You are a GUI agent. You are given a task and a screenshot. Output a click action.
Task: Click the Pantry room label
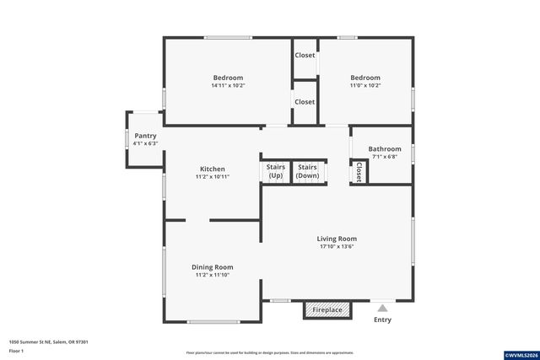[x=145, y=135]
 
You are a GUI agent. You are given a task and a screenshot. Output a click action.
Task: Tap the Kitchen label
[x=212, y=169]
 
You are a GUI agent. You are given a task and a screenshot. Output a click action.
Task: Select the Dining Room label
[x=213, y=266]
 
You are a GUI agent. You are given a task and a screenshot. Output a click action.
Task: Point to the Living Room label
[x=337, y=239]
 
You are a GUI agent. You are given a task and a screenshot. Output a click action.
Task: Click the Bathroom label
[x=385, y=148]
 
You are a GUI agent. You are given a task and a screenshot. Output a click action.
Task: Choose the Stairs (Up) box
[x=276, y=171]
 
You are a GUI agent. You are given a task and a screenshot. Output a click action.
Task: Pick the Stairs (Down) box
[x=307, y=171]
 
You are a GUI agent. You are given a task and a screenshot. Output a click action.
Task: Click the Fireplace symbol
[x=327, y=310]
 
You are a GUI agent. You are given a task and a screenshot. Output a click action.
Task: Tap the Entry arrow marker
[x=383, y=309]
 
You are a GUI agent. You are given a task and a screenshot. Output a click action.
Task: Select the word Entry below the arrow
[x=382, y=320]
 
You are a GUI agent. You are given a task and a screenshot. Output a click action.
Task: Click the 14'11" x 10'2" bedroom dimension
[x=228, y=86]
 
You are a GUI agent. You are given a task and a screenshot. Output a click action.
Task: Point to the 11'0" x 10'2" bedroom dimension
[x=365, y=86]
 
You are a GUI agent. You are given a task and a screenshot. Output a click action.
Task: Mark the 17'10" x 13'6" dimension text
[x=337, y=247]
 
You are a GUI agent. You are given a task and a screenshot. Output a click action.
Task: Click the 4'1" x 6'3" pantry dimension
[x=145, y=143]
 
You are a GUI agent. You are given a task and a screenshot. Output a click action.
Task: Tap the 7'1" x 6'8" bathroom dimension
[x=385, y=157]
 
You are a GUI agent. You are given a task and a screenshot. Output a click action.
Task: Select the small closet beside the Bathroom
[x=359, y=172]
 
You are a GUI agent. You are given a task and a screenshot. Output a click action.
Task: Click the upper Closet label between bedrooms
[x=305, y=56]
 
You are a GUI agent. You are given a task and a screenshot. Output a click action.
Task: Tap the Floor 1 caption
[x=18, y=349]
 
